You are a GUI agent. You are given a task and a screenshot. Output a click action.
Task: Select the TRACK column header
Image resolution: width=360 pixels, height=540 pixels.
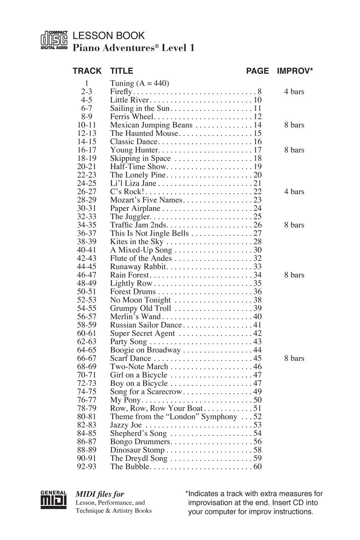tap(87, 71)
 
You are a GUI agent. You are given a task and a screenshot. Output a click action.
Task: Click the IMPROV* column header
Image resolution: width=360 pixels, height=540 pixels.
tap(295, 71)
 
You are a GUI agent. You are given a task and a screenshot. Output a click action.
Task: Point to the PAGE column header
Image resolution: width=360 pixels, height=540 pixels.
tap(257, 71)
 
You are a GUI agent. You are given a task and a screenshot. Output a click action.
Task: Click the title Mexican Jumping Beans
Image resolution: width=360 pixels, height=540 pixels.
tap(151, 125)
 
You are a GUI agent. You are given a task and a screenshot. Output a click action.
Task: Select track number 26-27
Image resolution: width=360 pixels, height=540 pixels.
tap(87, 192)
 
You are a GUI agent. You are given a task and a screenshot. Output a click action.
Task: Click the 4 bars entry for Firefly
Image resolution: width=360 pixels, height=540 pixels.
tap(294, 92)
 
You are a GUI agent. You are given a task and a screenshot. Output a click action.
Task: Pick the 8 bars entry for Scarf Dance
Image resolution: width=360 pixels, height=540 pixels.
tap(294, 358)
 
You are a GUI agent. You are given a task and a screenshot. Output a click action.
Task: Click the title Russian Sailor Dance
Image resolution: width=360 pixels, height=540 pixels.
tap(146, 325)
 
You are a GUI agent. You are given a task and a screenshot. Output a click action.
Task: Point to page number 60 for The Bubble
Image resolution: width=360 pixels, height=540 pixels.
tap(257, 467)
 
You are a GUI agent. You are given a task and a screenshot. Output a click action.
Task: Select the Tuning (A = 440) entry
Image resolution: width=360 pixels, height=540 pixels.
tap(139, 83)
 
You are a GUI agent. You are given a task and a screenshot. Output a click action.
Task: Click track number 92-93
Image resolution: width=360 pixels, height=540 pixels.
tap(87, 467)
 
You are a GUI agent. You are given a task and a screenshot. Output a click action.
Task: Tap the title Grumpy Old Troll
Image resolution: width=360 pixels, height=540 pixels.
tap(140, 308)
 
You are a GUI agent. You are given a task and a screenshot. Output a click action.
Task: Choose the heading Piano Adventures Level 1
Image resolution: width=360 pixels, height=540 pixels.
tap(133, 48)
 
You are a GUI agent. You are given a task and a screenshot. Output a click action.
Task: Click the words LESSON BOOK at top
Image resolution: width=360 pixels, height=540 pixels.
tap(109, 36)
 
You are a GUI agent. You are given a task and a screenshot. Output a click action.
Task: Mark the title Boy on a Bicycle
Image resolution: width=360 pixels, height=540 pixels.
tap(139, 383)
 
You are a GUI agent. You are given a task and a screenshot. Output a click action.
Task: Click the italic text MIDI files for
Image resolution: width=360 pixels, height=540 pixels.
tap(100, 495)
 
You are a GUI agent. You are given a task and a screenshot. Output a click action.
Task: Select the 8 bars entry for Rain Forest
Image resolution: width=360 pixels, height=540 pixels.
tap(294, 275)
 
